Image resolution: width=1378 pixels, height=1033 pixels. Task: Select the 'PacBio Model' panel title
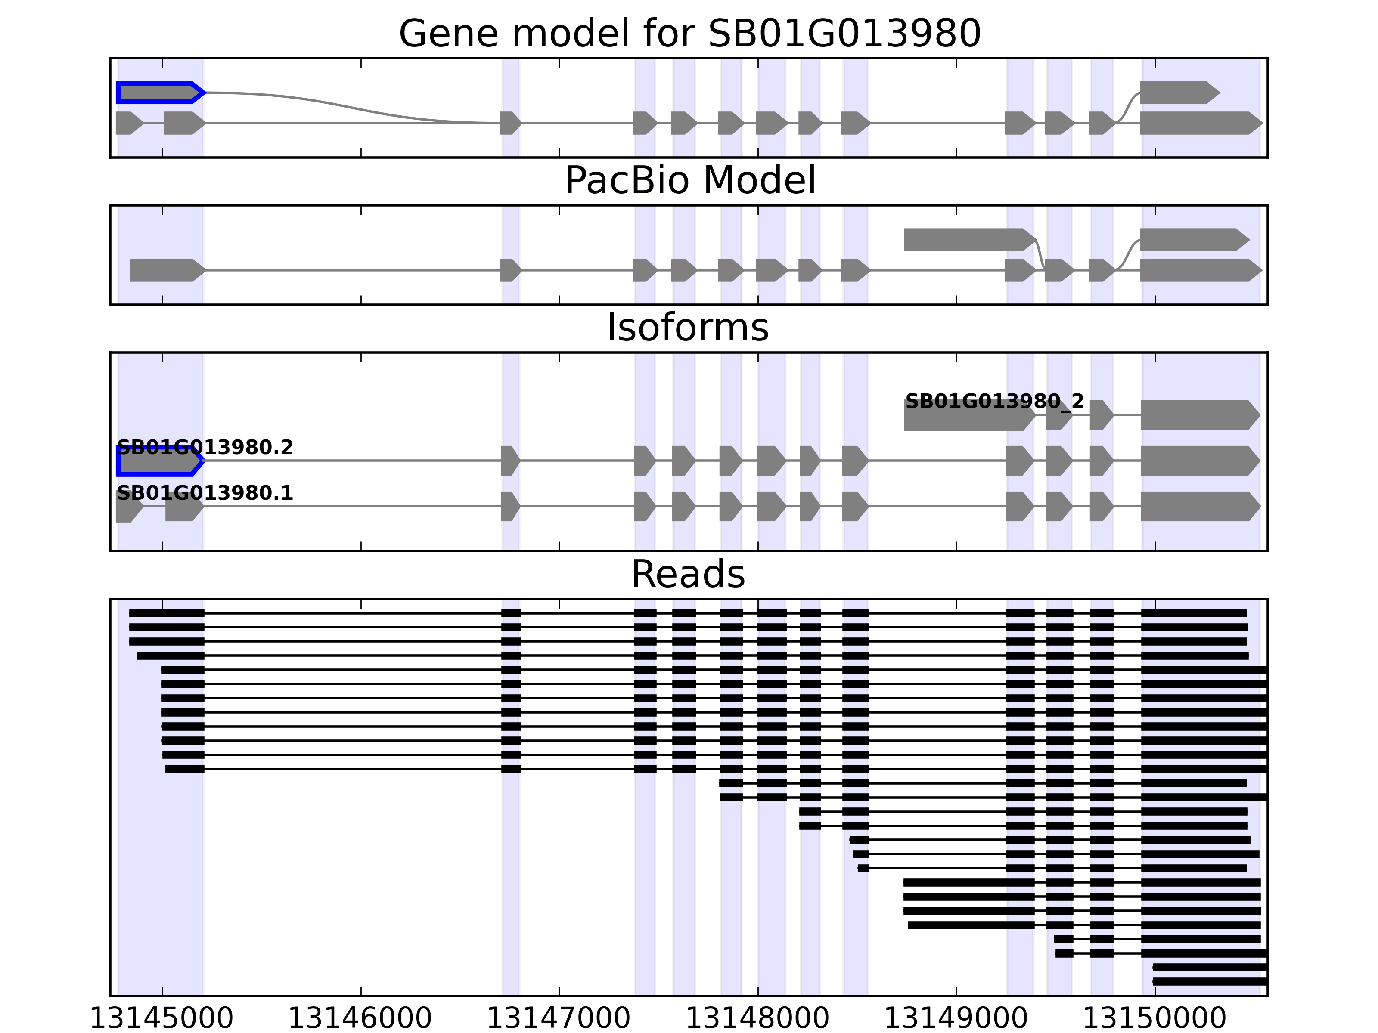click(x=689, y=181)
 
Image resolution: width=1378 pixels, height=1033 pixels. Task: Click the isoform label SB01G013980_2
click(x=994, y=401)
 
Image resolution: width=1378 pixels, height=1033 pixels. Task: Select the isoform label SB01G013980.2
click(x=205, y=447)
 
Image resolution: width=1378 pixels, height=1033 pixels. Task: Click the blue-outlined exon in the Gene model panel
click(x=158, y=93)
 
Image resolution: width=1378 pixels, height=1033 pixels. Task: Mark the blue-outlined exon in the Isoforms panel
click(x=158, y=461)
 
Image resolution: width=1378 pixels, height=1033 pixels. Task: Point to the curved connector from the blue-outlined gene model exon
click(x=349, y=106)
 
